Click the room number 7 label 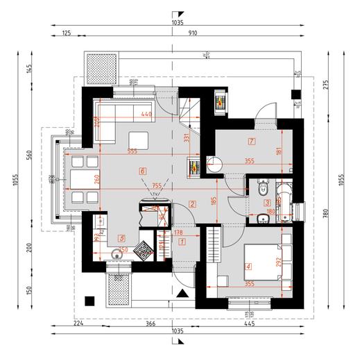point(251,142)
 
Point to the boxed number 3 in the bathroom point(267,203)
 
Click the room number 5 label point(122,237)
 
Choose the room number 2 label point(191,203)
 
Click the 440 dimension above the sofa point(146,113)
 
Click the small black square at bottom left point(88,301)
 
